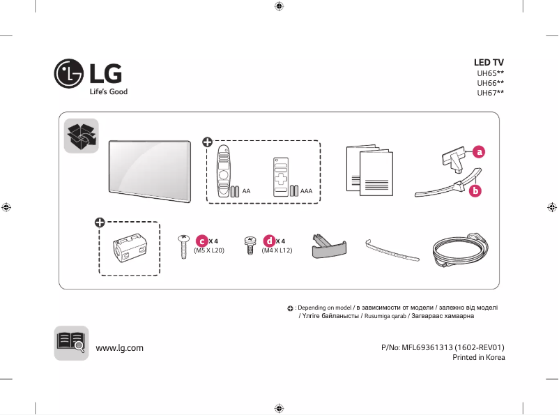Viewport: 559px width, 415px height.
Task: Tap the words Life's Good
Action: [x=108, y=92]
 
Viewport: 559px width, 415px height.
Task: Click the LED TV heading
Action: [x=489, y=62]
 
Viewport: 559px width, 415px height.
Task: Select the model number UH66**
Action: [x=490, y=82]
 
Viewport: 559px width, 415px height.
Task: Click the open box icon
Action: [x=81, y=135]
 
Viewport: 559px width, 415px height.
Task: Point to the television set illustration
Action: [x=149, y=171]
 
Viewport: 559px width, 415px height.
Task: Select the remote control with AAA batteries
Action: [x=280, y=176]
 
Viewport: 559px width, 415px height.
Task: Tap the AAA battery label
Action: [x=306, y=190]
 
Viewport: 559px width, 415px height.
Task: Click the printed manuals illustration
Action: [x=369, y=170]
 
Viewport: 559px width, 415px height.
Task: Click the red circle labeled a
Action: [x=479, y=151]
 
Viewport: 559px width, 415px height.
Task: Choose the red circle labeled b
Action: [x=475, y=190]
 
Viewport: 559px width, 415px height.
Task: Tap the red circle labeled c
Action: [x=201, y=241]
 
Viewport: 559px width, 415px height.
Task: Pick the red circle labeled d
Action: [x=268, y=241]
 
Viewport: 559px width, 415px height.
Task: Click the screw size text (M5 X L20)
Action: [x=208, y=250]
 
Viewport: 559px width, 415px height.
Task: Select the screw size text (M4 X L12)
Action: [x=276, y=250]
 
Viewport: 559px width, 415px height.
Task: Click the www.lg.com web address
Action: [x=119, y=347]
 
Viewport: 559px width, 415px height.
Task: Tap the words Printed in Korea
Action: [x=478, y=357]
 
